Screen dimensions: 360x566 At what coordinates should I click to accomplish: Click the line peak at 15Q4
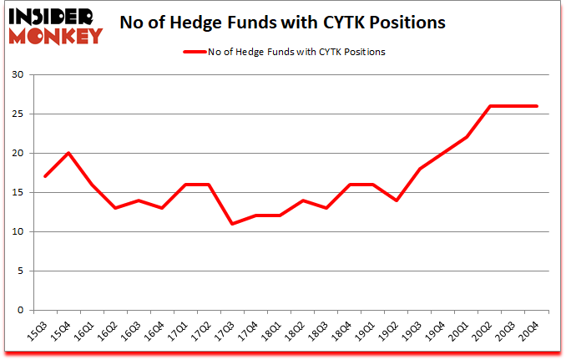pos(68,153)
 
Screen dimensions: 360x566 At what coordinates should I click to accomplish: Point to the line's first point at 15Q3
pos(45,176)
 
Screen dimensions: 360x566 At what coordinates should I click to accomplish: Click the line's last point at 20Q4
pos(536,106)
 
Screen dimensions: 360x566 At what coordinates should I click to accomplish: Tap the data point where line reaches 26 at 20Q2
pos(489,106)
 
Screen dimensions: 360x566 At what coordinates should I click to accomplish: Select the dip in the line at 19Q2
pos(396,200)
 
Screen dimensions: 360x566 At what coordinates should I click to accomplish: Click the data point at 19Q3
pos(419,169)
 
